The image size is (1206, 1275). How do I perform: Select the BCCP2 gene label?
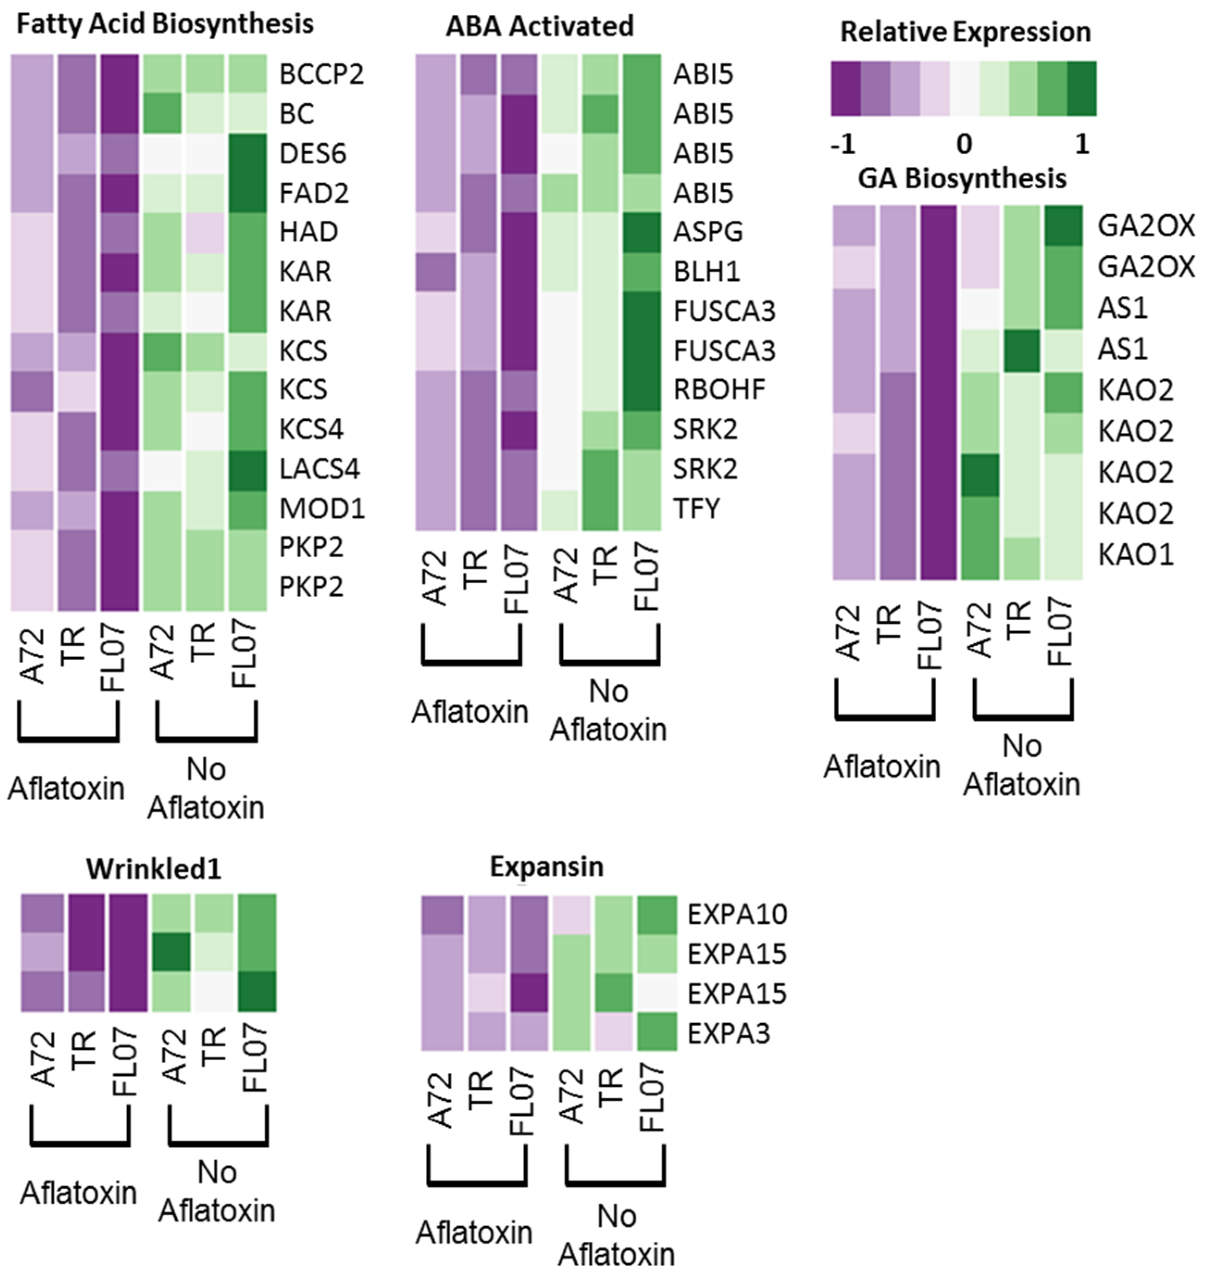[x=322, y=75]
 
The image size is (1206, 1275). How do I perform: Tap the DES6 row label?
[x=313, y=154]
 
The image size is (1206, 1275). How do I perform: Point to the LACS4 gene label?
[x=319, y=469]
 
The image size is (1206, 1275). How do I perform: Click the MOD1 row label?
[x=322, y=509]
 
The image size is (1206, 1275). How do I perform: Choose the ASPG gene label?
[x=708, y=231]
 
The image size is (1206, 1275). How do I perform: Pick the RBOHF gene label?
[x=719, y=390]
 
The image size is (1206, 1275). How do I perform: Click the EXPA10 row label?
[x=737, y=914]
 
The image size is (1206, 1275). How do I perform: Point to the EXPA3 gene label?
[x=728, y=1034]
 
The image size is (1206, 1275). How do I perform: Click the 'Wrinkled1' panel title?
[x=154, y=869]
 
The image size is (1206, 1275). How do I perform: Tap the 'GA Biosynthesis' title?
[x=963, y=179]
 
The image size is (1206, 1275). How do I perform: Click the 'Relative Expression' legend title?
[x=965, y=32]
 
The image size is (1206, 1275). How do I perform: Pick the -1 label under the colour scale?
[x=843, y=145]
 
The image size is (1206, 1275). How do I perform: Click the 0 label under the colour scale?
[x=964, y=145]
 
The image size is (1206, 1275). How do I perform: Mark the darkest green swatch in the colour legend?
[x=1082, y=89]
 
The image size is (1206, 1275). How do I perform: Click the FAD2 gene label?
[x=314, y=193]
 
